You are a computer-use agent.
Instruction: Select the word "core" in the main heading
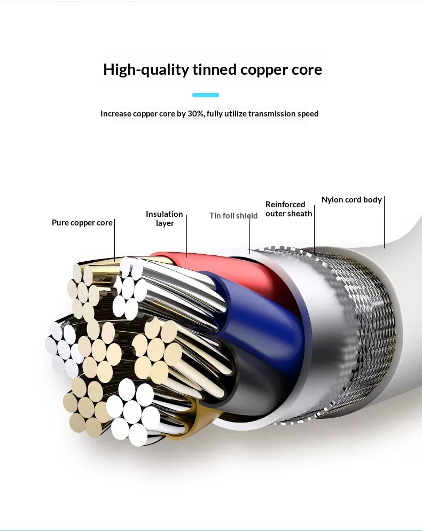point(304,70)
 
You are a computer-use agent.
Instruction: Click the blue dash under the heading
point(206,95)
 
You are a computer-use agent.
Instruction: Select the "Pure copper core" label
point(82,223)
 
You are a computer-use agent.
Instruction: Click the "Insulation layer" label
point(165,218)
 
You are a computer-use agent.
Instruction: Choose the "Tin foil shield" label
point(233,216)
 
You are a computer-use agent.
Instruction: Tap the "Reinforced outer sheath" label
point(288,209)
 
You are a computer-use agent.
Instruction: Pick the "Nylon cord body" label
point(351,200)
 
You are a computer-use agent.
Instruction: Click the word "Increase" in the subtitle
point(115,114)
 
